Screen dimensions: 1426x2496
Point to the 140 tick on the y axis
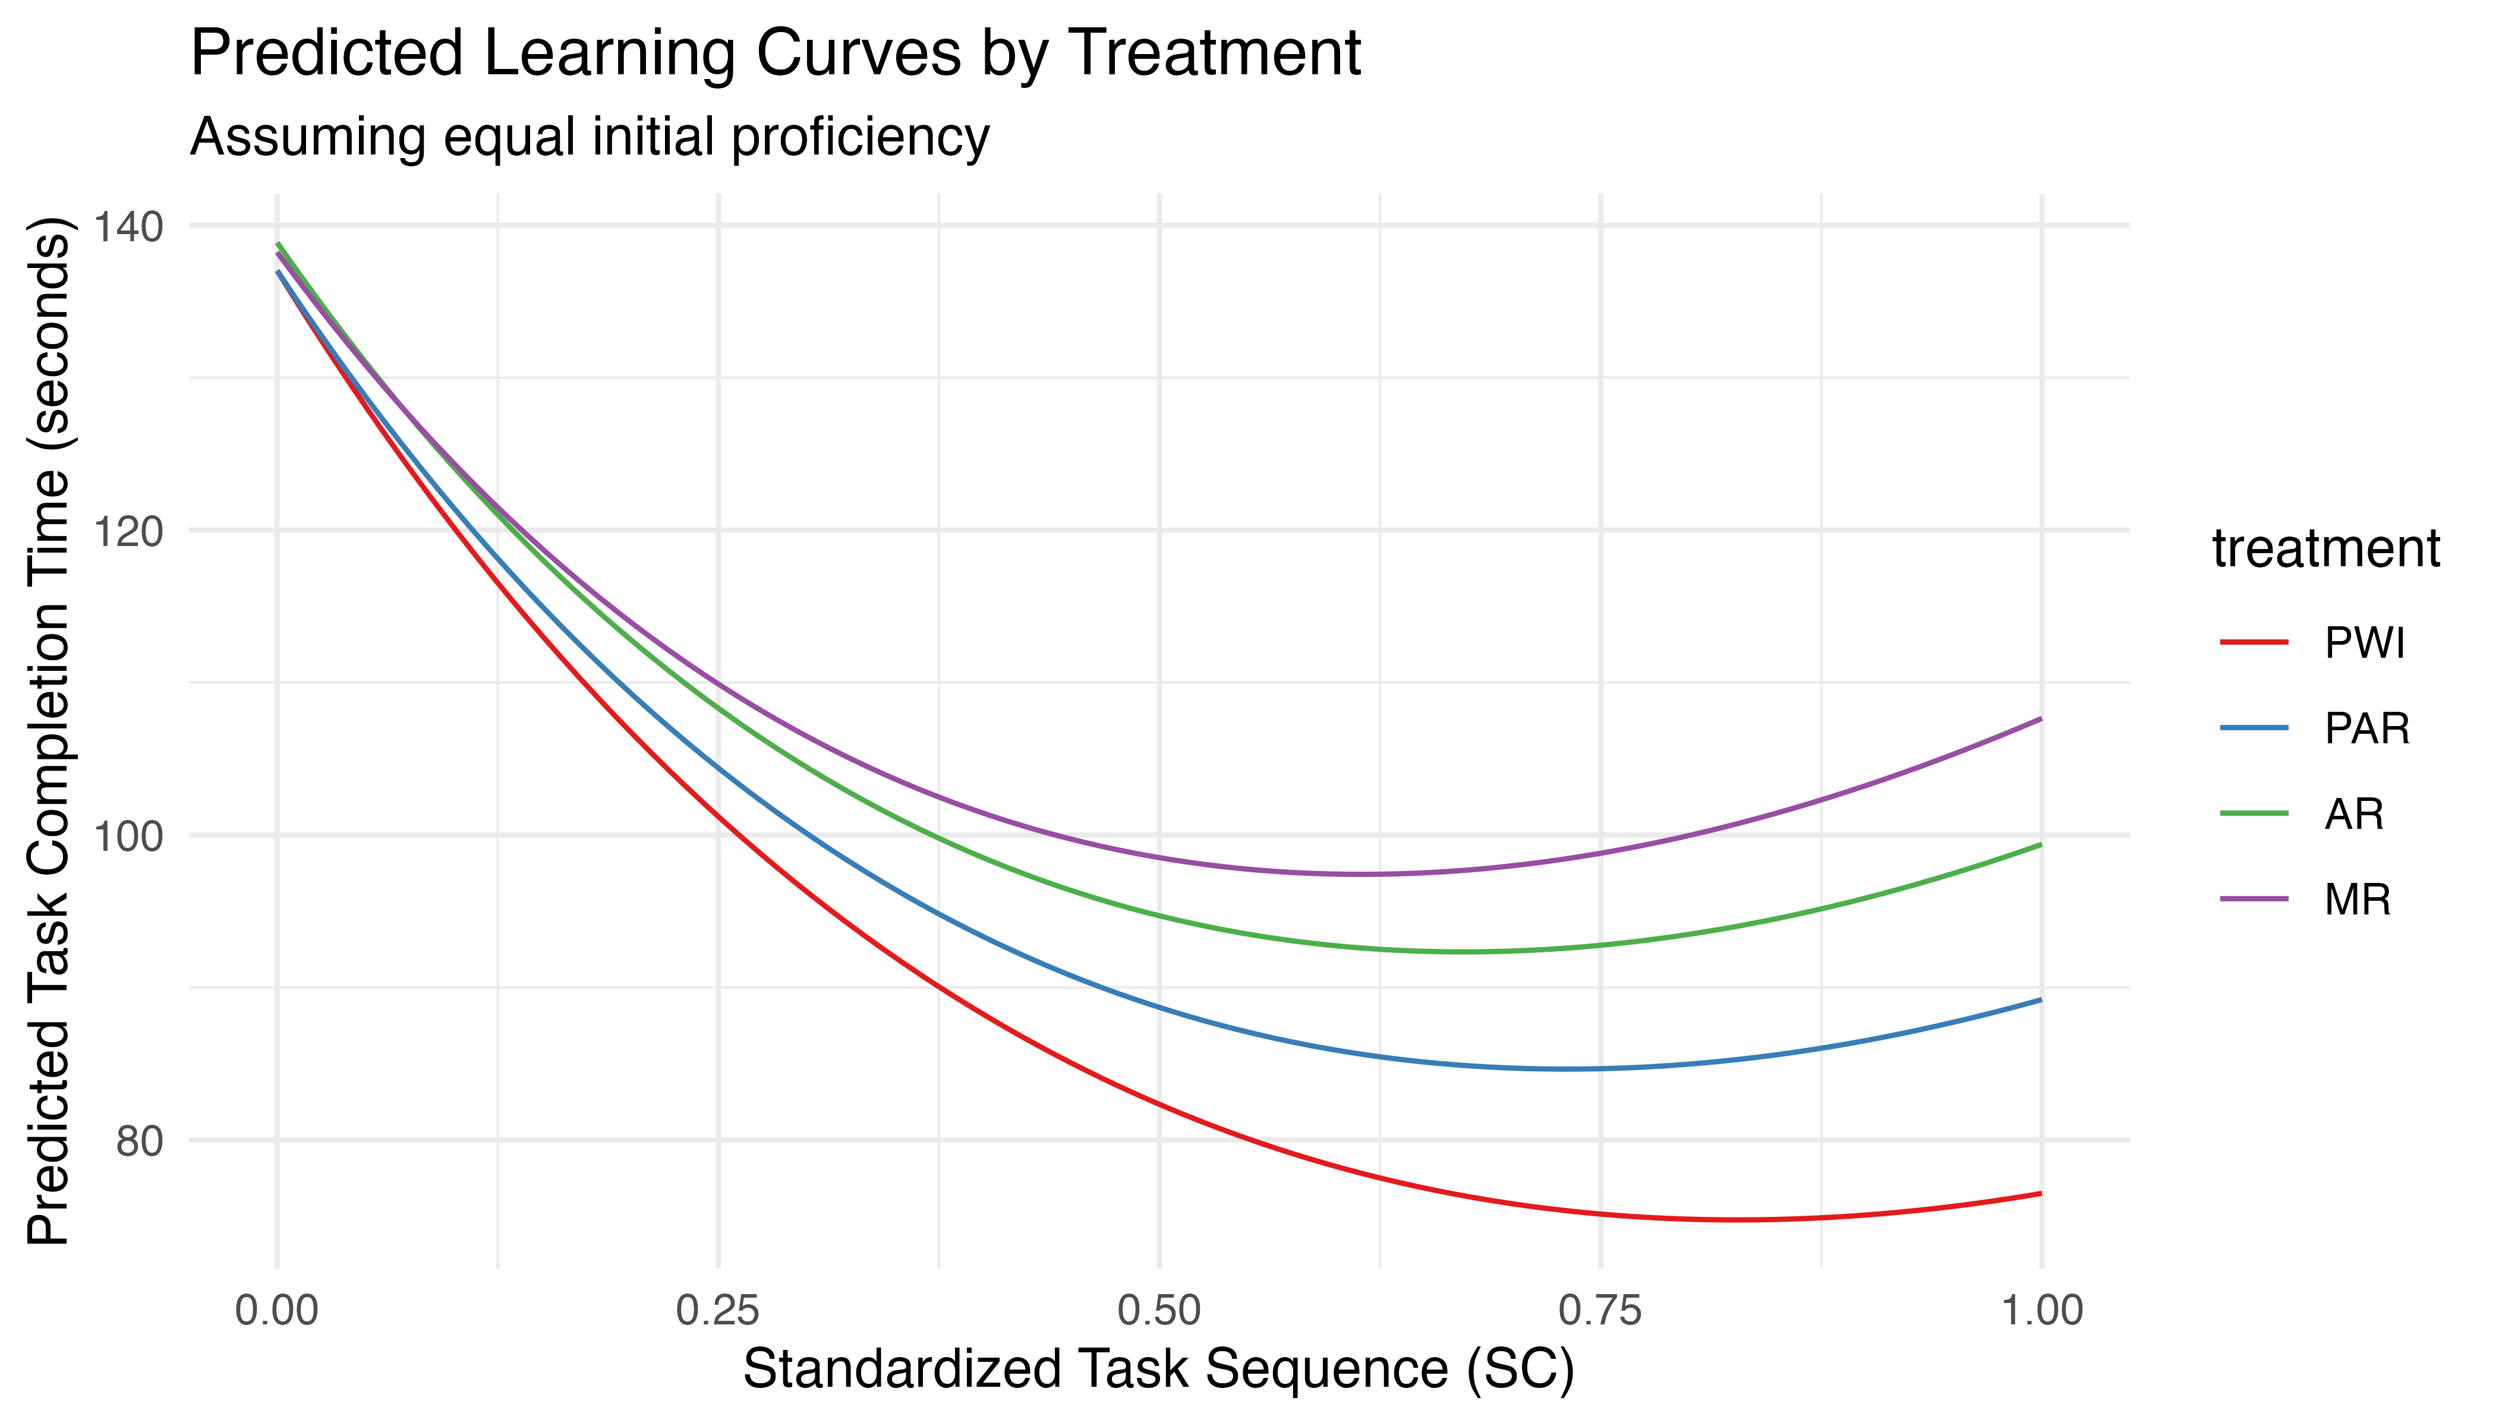(x=127, y=226)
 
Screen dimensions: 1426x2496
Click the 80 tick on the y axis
(x=137, y=1140)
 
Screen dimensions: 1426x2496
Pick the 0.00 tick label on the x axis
(x=277, y=1310)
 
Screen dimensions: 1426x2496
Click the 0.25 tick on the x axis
(x=718, y=1310)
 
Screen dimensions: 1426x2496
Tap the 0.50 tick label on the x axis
(x=1160, y=1310)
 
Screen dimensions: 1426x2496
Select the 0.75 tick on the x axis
(x=1600, y=1310)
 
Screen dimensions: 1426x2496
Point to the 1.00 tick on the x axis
(x=2041, y=1310)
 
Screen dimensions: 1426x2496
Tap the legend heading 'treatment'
(x=2325, y=548)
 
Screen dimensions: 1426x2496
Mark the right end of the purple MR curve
(x=2041, y=719)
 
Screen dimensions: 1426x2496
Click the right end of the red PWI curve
(x=2041, y=1193)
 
